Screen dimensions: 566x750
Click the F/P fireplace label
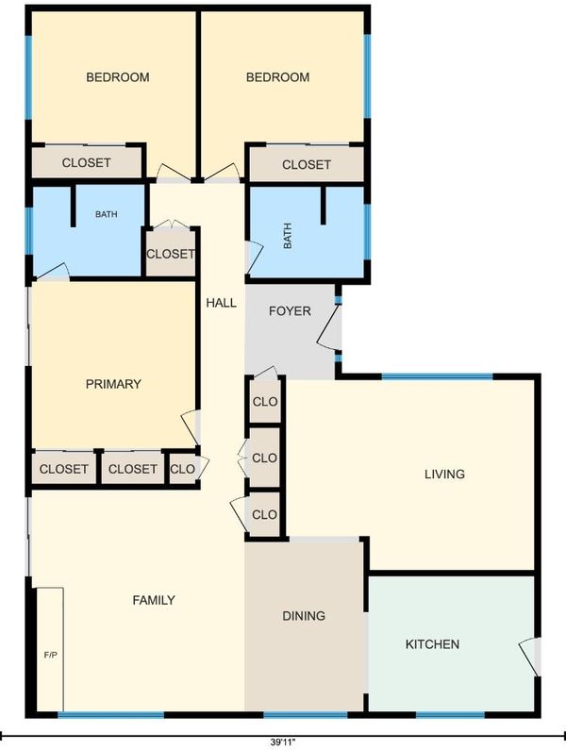[50, 655]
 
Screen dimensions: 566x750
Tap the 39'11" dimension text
[283, 742]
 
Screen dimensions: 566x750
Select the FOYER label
[290, 311]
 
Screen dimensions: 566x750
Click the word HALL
[221, 303]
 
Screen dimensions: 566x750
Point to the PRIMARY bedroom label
[113, 384]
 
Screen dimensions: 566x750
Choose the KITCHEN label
[432, 643]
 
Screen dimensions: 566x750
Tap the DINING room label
[304, 616]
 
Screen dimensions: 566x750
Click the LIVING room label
[445, 474]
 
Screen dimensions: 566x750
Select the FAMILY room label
[154, 600]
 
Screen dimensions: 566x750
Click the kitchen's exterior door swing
[528, 657]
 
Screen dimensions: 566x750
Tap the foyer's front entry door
[329, 326]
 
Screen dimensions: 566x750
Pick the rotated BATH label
[288, 236]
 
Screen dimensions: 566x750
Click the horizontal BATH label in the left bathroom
[107, 214]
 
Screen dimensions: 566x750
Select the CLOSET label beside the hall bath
[171, 254]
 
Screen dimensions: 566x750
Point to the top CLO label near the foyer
[264, 401]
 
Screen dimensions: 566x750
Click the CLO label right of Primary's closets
[182, 469]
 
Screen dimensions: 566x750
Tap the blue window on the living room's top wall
[437, 377]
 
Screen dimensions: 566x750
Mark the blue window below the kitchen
[451, 715]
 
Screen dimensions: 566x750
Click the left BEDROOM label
[118, 77]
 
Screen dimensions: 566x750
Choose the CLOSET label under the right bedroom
[307, 164]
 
